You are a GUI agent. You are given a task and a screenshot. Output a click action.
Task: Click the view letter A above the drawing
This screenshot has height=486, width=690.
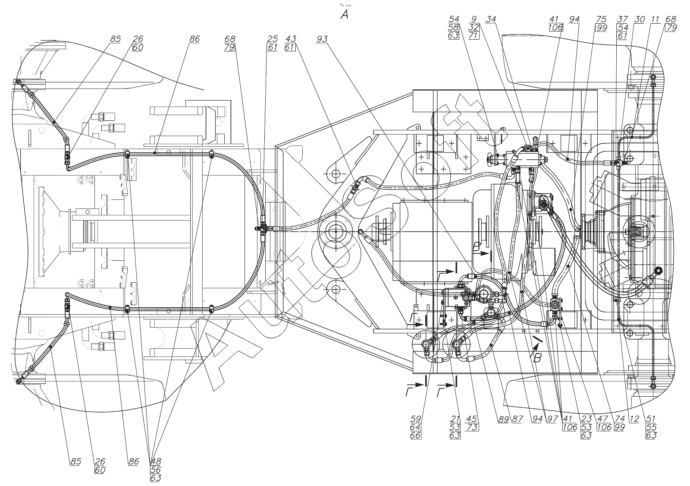click(x=345, y=14)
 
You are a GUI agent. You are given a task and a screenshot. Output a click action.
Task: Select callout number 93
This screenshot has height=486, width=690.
click(x=322, y=39)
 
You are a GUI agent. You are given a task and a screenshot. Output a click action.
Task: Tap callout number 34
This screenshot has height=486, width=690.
click(x=491, y=19)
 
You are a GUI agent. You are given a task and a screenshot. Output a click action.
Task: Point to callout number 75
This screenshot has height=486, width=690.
click(x=601, y=19)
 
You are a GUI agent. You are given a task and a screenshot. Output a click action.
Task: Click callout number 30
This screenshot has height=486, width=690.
click(x=640, y=19)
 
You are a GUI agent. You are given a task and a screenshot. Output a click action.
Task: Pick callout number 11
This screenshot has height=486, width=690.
click(x=655, y=19)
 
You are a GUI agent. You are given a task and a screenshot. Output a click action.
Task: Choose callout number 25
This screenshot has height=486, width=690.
click(x=272, y=39)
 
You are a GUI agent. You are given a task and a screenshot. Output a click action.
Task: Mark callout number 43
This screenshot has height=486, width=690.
click(x=291, y=39)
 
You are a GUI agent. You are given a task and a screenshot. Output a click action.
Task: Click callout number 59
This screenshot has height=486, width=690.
click(x=416, y=419)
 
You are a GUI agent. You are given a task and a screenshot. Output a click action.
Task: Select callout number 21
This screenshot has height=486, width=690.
click(x=455, y=419)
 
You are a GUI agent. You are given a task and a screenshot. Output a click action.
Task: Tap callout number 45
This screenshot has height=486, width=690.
click(x=471, y=419)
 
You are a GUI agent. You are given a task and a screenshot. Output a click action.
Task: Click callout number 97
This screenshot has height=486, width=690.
click(x=552, y=419)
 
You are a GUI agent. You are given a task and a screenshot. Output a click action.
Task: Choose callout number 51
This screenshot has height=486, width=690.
click(x=651, y=419)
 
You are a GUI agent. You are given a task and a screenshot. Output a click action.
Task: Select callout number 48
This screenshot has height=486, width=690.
click(x=156, y=461)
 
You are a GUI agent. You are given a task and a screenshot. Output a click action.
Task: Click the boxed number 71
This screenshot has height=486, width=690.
click(x=473, y=35)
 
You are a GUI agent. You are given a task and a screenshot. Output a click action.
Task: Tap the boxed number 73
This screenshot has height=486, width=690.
click(x=472, y=427)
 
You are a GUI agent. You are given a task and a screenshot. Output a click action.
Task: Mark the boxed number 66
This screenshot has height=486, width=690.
click(x=416, y=435)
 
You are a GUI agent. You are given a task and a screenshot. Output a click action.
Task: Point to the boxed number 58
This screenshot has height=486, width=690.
click(x=453, y=27)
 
